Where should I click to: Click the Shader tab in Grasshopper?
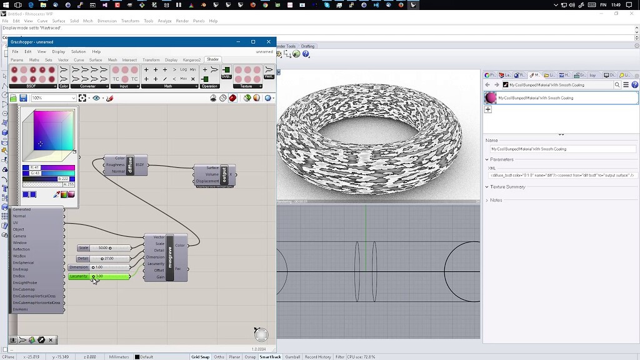(x=213, y=59)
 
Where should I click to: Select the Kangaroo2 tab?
(x=191, y=60)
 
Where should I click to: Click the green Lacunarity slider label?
(x=79, y=276)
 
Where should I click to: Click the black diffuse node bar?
(x=131, y=165)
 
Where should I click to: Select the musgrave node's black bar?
(x=169, y=257)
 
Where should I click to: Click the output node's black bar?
(x=224, y=174)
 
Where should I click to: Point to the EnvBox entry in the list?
(x=19, y=276)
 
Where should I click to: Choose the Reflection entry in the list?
(x=21, y=249)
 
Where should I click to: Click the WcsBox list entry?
(x=19, y=256)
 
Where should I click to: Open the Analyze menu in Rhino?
(x=164, y=21)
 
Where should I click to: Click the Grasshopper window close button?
(x=269, y=42)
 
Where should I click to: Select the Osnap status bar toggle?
(x=249, y=357)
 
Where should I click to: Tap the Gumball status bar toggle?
(x=292, y=357)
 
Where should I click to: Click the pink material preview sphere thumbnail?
(x=491, y=97)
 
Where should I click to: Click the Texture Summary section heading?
(x=507, y=187)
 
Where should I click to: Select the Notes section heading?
(x=496, y=200)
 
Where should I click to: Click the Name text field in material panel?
(x=562, y=149)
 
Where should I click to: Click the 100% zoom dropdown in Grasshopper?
(x=53, y=98)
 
